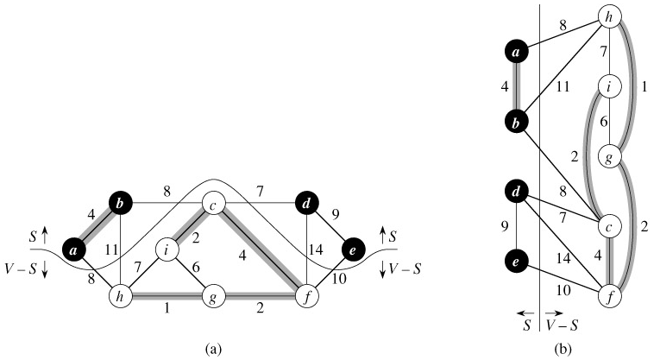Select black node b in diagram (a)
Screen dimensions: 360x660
coord(119,205)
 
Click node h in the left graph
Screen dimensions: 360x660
coord(119,297)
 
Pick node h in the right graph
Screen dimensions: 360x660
coord(611,19)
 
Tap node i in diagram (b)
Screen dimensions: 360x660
coord(611,87)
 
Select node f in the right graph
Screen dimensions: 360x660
coord(611,297)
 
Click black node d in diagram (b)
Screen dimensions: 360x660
coord(515,190)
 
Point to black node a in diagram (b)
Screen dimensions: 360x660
coord(515,52)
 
